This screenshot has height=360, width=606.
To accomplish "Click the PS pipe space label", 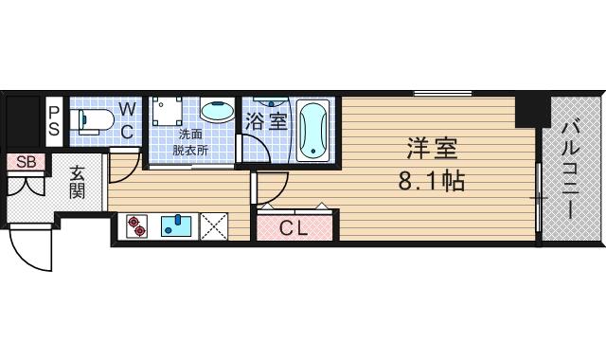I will coord(54,121).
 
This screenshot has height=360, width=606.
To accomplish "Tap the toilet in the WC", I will coord(93,119).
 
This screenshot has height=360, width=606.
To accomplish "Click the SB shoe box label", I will coord(26,162).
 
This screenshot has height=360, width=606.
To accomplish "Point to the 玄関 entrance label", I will coord(78,181).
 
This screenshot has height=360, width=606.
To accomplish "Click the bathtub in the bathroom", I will coord(312,130).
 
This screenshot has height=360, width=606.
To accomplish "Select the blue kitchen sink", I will coord(176,225).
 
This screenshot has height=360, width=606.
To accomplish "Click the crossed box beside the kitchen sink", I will coord(213,225).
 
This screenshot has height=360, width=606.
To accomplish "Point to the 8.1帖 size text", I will coord(432,180).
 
